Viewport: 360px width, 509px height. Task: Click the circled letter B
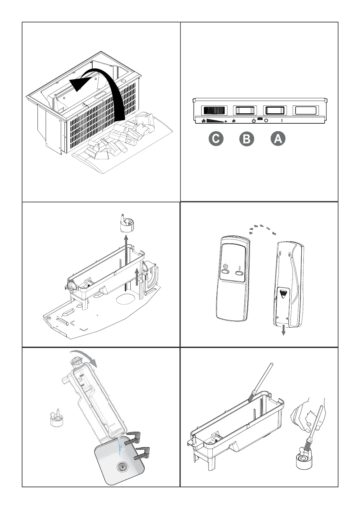point(247,139)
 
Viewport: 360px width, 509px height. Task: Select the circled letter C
point(216,139)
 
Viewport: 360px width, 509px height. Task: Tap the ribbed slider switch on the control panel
point(214,110)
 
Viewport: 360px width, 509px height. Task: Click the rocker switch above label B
point(245,110)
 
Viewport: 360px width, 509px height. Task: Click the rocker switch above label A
point(275,110)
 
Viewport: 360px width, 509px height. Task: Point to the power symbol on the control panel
point(254,121)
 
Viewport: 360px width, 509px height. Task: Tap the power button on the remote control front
point(226,272)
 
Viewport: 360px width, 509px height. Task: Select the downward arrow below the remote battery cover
point(283,330)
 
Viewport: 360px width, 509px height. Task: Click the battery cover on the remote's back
point(283,302)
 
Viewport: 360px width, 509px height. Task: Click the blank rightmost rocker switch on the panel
point(306,110)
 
